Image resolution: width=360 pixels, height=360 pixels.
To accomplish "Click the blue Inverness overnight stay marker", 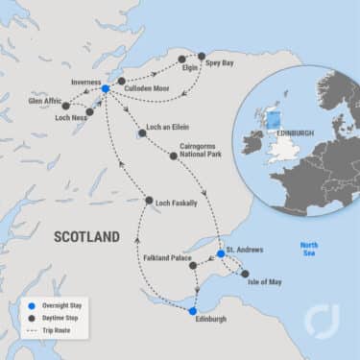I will coord(105,88).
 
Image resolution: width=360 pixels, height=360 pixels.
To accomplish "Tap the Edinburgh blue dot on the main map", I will coord(193,311).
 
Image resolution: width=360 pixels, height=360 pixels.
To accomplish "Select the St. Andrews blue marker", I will coord(221,254).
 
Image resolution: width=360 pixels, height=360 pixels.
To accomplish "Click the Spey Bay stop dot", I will coord(202,57).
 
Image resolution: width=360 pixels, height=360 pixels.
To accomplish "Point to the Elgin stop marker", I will coord(181,60).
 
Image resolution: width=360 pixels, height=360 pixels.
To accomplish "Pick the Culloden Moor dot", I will coord(120,81).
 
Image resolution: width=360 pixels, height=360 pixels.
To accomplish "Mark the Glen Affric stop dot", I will coord(66,105).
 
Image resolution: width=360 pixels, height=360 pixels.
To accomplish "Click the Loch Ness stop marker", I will coord(89,111).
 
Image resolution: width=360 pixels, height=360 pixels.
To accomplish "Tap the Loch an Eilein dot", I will coord(142,133).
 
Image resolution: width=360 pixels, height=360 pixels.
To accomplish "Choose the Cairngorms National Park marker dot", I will coord(174,156).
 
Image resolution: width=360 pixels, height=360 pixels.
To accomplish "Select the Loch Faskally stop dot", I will coord(149,201).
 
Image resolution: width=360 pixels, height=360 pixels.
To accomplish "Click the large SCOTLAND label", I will coord(87,236).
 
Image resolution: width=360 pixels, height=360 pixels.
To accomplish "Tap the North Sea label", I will coord(308,250).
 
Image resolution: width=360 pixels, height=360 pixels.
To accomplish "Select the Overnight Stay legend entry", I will coord(58,305).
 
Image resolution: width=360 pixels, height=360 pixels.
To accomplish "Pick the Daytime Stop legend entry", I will coord(57,318).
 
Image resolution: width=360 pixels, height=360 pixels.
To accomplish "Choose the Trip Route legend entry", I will coord(54,330).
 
